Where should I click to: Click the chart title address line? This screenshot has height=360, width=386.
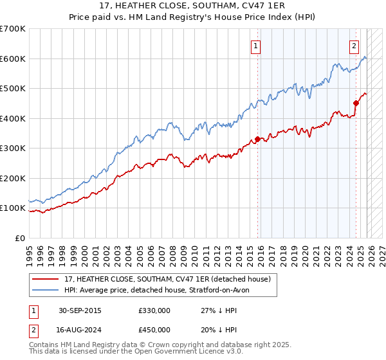(193, 6)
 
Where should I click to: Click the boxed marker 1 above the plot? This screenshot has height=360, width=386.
(256, 46)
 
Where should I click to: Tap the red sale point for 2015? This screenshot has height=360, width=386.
(258, 139)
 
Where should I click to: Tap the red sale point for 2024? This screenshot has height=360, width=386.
(356, 103)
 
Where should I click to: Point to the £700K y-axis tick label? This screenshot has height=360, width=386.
(13, 29)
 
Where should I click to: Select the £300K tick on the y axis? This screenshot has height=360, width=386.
(13, 148)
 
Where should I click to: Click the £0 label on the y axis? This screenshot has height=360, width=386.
(19, 238)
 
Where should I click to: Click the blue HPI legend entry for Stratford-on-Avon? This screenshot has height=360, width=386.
(160, 290)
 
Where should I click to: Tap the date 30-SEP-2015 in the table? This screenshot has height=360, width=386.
(79, 310)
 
